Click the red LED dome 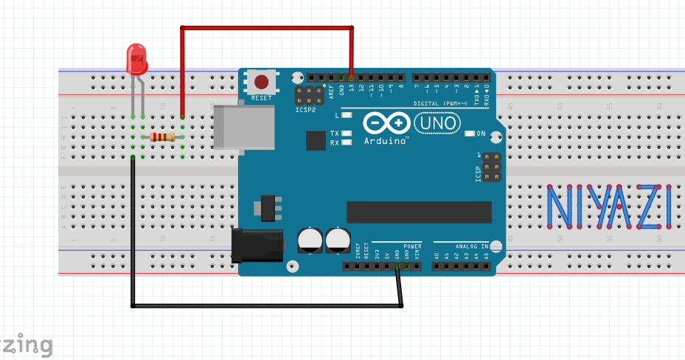click(136, 59)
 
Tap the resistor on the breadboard click(163, 136)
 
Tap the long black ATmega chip click(418, 212)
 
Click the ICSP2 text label click(305, 109)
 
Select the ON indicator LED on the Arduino click(470, 134)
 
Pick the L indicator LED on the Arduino click(348, 116)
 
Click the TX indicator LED click(348, 134)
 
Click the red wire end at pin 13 click(352, 77)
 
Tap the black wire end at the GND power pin click(397, 266)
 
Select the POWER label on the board click(412, 245)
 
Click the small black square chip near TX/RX click(316, 140)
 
